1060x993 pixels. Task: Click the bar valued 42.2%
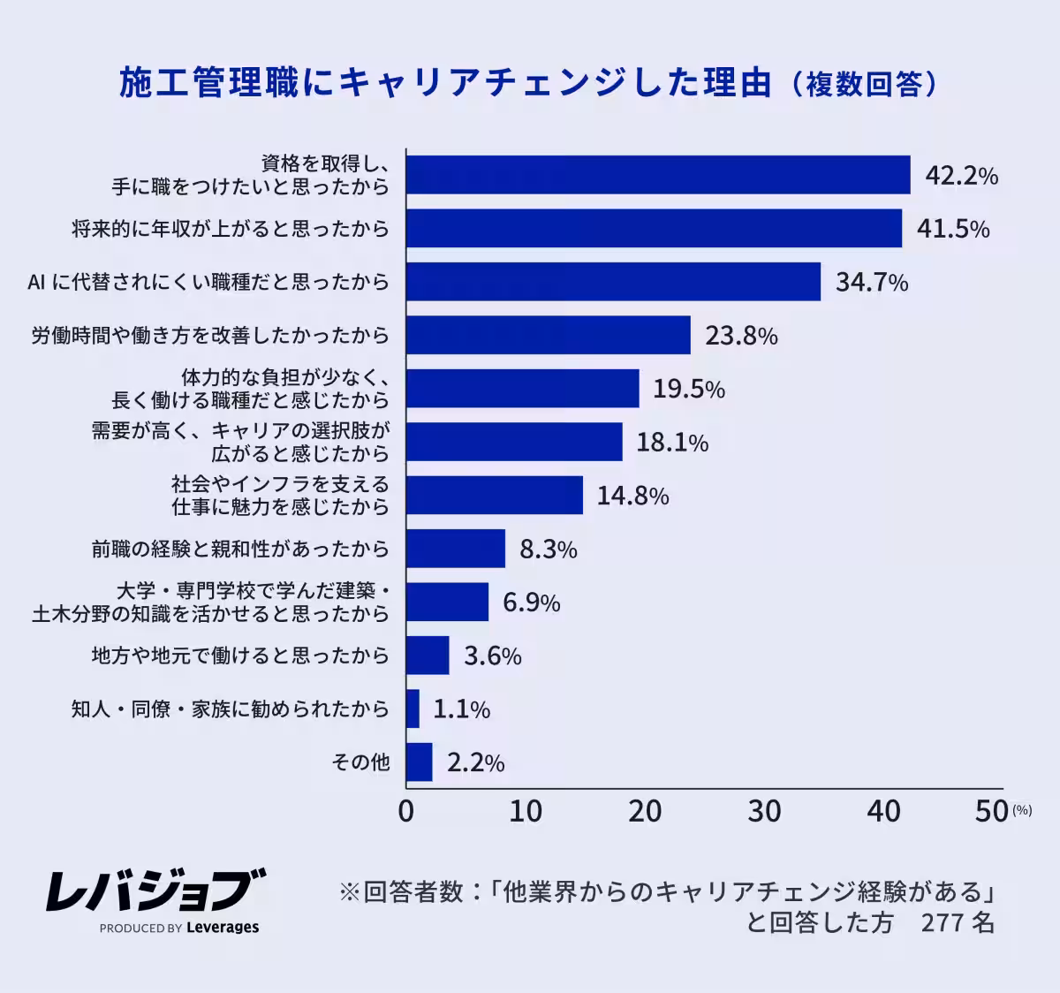click(x=658, y=175)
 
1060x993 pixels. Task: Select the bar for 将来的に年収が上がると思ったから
click(x=654, y=229)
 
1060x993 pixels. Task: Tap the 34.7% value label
click(x=872, y=283)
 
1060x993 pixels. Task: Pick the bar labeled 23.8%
click(x=548, y=336)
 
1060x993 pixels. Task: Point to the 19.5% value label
click(x=689, y=390)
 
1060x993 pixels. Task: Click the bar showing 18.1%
click(x=514, y=442)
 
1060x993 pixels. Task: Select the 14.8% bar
click(x=495, y=496)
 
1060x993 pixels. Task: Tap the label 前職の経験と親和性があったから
click(x=240, y=550)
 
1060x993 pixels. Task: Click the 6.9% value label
click(x=532, y=603)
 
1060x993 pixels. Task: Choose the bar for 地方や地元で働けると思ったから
click(x=428, y=656)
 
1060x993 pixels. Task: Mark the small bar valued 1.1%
click(x=413, y=709)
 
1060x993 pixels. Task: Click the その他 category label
click(x=360, y=762)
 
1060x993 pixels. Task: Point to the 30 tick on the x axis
click(x=764, y=811)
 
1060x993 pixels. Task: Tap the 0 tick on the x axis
click(x=406, y=811)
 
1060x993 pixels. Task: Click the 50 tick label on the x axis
click(x=992, y=811)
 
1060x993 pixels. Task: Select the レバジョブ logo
click(x=155, y=890)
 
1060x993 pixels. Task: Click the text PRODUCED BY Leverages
click(x=179, y=928)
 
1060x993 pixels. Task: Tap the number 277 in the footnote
click(x=943, y=923)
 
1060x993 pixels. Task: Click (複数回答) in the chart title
click(x=863, y=85)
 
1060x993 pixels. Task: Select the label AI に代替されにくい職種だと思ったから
click(x=208, y=283)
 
